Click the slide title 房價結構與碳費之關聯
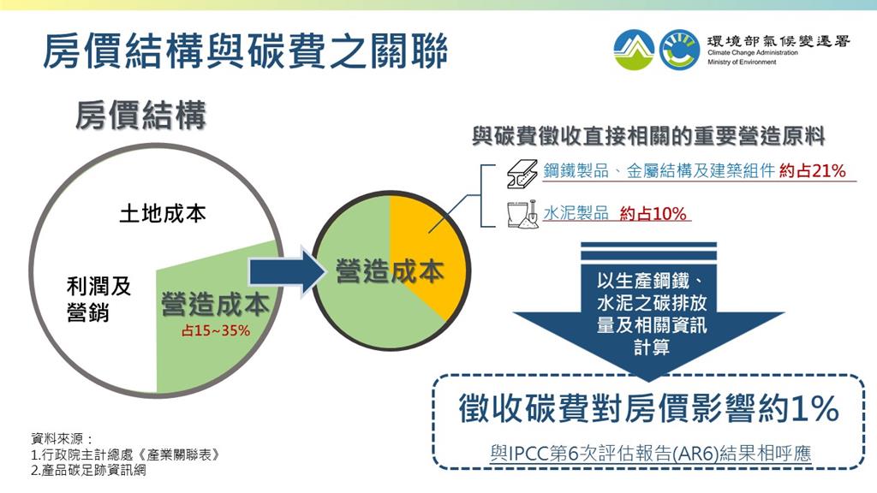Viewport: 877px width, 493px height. coord(245,50)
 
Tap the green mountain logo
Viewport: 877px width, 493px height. coord(634,50)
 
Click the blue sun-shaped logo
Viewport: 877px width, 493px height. coord(679,50)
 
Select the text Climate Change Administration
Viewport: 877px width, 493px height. coord(752,52)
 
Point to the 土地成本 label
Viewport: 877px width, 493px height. coord(163,213)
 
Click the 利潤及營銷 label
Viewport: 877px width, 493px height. coord(98,299)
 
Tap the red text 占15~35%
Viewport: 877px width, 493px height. coord(215,331)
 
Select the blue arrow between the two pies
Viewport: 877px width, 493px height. coord(287,271)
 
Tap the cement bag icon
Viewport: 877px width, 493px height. coord(522,214)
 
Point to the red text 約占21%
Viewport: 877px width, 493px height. coord(812,170)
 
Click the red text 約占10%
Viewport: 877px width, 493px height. coord(653,213)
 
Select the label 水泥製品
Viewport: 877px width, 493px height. coord(576,213)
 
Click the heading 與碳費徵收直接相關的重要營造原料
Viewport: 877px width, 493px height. coord(648,136)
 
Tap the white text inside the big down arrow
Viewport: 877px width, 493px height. coord(652,313)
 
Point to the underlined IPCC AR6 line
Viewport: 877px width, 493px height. coord(651,453)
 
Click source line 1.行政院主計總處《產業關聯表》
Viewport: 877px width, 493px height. coord(125,454)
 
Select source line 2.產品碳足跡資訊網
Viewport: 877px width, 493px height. coord(88,470)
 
